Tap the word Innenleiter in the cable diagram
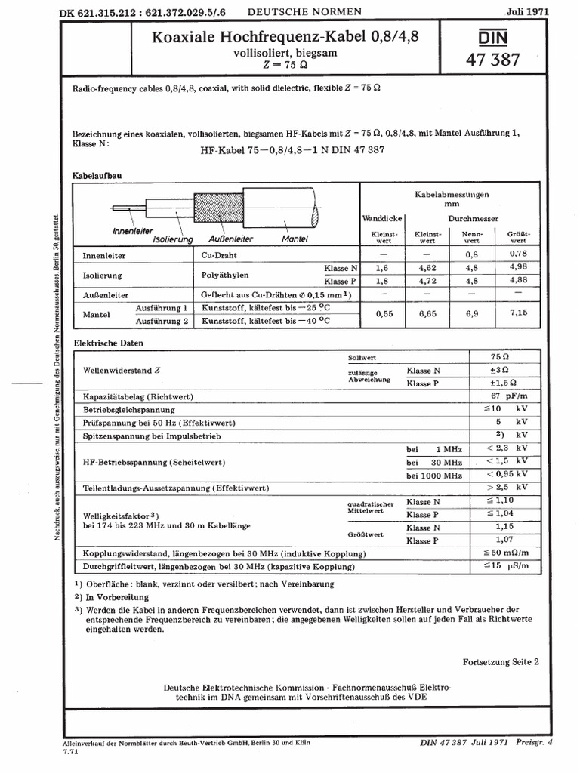click(132, 229)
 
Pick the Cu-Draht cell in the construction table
click(218, 256)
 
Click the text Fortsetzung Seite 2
click(501, 662)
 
